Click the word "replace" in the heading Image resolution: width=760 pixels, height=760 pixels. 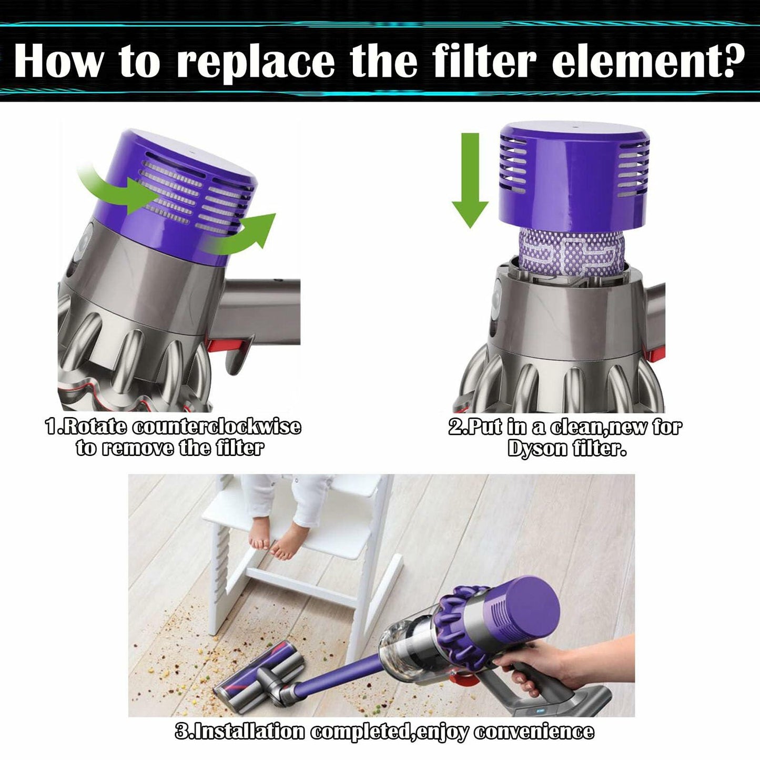(x=255, y=62)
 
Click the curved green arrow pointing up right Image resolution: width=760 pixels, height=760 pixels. (x=247, y=234)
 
